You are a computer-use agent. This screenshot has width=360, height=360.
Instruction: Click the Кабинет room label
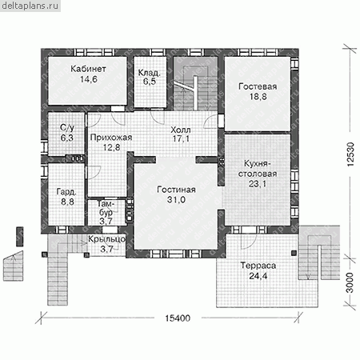click(x=88, y=69)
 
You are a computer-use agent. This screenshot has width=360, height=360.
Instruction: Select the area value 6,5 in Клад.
click(x=150, y=82)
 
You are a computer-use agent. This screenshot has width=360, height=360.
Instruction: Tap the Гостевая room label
click(x=258, y=86)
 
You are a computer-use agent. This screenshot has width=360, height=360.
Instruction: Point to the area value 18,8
click(x=258, y=97)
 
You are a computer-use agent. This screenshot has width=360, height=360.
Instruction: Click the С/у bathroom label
click(x=67, y=128)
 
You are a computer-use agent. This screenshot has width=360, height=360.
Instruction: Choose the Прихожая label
click(x=111, y=138)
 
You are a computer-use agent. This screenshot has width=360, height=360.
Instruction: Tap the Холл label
click(x=181, y=130)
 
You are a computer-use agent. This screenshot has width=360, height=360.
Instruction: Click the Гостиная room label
click(x=176, y=190)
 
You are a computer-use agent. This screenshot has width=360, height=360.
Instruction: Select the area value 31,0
click(x=176, y=200)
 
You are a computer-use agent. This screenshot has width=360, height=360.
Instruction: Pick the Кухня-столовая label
click(x=258, y=169)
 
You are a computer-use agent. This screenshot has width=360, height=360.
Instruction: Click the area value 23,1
click(x=258, y=184)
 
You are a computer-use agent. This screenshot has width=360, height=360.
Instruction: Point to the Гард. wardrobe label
click(x=66, y=192)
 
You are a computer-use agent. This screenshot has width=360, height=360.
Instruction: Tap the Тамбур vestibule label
click(x=106, y=208)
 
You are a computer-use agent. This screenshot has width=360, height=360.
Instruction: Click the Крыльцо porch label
click(x=106, y=239)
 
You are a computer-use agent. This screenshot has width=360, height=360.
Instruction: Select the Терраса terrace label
click(x=258, y=266)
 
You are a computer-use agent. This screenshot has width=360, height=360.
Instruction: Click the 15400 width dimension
click(x=178, y=318)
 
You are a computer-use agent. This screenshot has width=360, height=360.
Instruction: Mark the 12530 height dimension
click(x=350, y=154)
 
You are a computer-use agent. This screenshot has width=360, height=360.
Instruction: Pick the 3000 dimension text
click(x=350, y=282)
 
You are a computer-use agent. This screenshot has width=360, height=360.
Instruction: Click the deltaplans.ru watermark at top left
click(x=30, y=6)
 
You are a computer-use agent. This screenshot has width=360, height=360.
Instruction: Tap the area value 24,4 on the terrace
click(x=258, y=276)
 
